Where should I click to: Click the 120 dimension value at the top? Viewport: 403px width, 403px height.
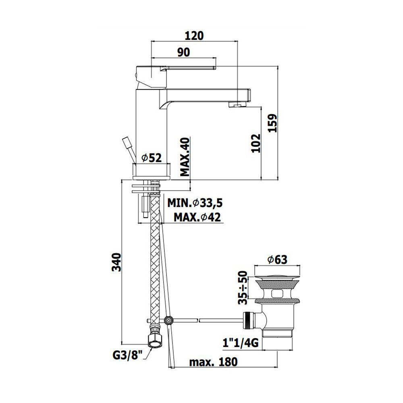(194, 36)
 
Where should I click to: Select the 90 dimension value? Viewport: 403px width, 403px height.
(184, 52)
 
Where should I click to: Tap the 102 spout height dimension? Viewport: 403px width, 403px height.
(256, 143)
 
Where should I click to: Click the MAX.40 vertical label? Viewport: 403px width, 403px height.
(185, 157)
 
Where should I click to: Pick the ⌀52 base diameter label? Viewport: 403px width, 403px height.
(152, 158)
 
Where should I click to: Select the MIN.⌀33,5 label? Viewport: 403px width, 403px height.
(195, 203)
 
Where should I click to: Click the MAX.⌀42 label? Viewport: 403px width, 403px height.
(197, 218)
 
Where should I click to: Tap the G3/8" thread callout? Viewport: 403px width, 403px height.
(127, 356)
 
